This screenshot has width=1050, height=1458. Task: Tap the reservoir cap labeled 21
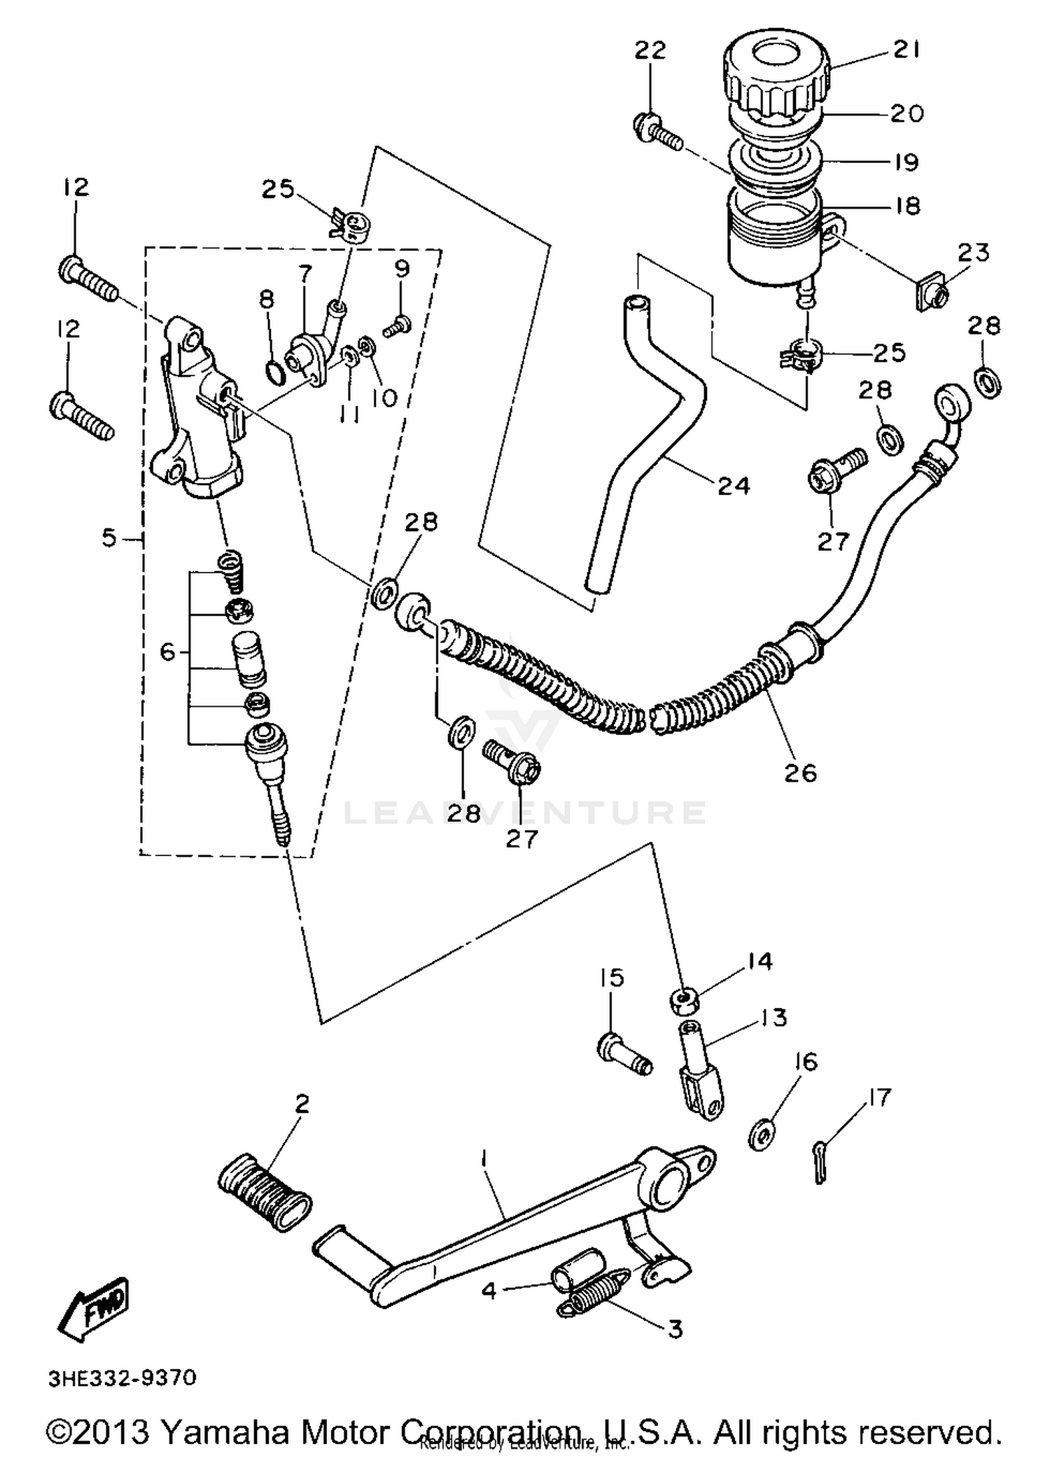tap(776, 73)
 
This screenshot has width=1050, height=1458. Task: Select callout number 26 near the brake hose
tap(801, 773)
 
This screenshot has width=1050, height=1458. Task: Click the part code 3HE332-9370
tap(123, 1378)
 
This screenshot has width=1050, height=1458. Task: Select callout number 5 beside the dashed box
tap(109, 538)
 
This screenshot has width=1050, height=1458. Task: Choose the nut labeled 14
tap(684, 1002)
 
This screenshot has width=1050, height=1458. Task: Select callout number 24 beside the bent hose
tap(734, 485)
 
